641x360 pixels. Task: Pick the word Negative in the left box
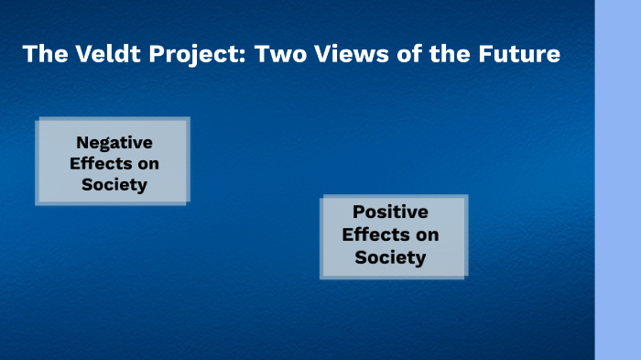[114, 143]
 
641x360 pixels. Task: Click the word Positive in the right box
[390, 213]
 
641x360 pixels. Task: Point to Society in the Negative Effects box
[114, 184]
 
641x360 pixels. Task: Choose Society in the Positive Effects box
[390, 257]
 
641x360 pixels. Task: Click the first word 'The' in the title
[41, 54]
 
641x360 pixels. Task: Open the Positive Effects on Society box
[394, 235]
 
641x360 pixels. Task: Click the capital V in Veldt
[73, 54]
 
